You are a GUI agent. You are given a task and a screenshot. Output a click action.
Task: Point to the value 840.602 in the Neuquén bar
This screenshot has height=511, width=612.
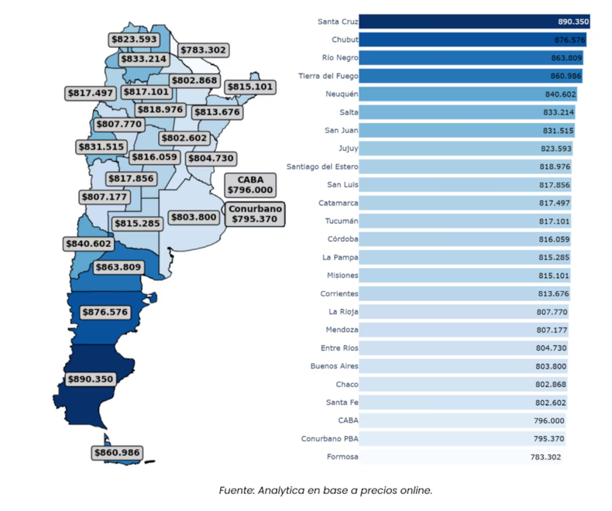click(x=560, y=94)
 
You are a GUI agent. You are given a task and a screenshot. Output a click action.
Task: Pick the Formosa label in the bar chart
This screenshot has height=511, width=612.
click(x=342, y=457)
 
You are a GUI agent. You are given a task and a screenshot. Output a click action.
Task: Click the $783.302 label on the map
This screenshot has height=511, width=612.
click(x=203, y=50)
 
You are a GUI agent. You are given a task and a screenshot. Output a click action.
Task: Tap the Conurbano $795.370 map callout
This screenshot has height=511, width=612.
click(x=255, y=214)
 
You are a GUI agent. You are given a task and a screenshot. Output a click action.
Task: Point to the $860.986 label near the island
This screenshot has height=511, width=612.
click(x=116, y=452)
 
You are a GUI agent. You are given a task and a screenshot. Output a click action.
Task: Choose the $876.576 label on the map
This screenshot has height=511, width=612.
click(x=104, y=312)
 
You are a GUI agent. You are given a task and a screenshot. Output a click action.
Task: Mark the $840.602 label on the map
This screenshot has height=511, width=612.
click(x=87, y=243)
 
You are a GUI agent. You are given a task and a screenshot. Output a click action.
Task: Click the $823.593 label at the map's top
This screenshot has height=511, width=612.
click(x=133, y=39)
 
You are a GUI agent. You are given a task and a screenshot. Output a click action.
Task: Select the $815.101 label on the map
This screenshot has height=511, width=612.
click(x=249, y=87)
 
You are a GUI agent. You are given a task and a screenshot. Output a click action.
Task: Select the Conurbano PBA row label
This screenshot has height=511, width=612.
click(x=330, y=439)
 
